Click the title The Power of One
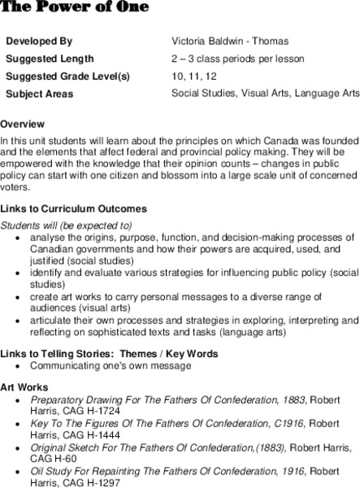click(x=74, y=7)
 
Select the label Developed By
click(x=39, y=40)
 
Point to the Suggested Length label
click(x=50, y=59)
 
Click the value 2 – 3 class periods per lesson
click(x=238, y=59)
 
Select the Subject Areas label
click(x=39, y=94)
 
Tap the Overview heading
click(x=23, y=124)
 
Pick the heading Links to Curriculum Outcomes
click(x=74, y=209)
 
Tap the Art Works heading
click(x=24, y=386)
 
